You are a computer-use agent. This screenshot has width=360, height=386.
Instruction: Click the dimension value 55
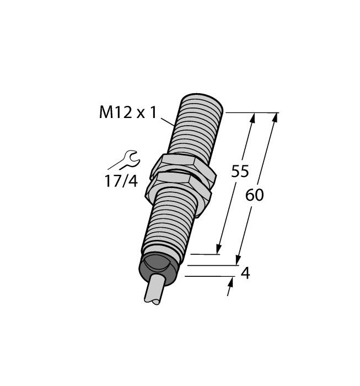(x=240, y=171)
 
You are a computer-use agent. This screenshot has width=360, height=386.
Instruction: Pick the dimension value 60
(x=255, y=195)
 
